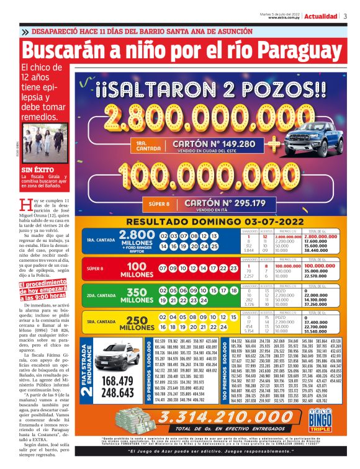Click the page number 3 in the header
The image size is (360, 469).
pos(346,16)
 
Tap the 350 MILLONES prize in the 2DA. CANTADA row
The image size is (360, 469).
pos(136,295)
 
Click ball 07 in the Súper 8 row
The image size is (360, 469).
pos(164,268)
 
